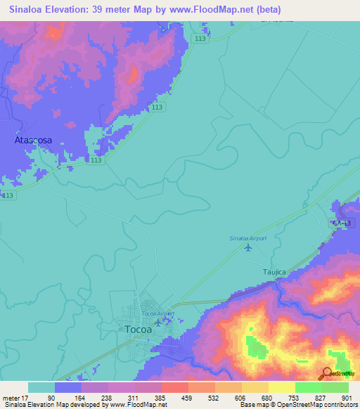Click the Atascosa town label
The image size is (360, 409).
[34, 141]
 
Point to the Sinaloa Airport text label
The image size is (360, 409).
[249, 239]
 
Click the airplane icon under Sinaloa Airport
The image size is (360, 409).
[247, 247]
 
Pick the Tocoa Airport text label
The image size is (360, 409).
[157, 313]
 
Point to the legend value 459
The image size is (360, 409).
[177, 397]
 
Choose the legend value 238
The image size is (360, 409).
[97, 397]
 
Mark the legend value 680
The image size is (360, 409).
[257, 397]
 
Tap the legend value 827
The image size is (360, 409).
[311, 397]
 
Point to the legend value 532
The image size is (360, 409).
[204, 397]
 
